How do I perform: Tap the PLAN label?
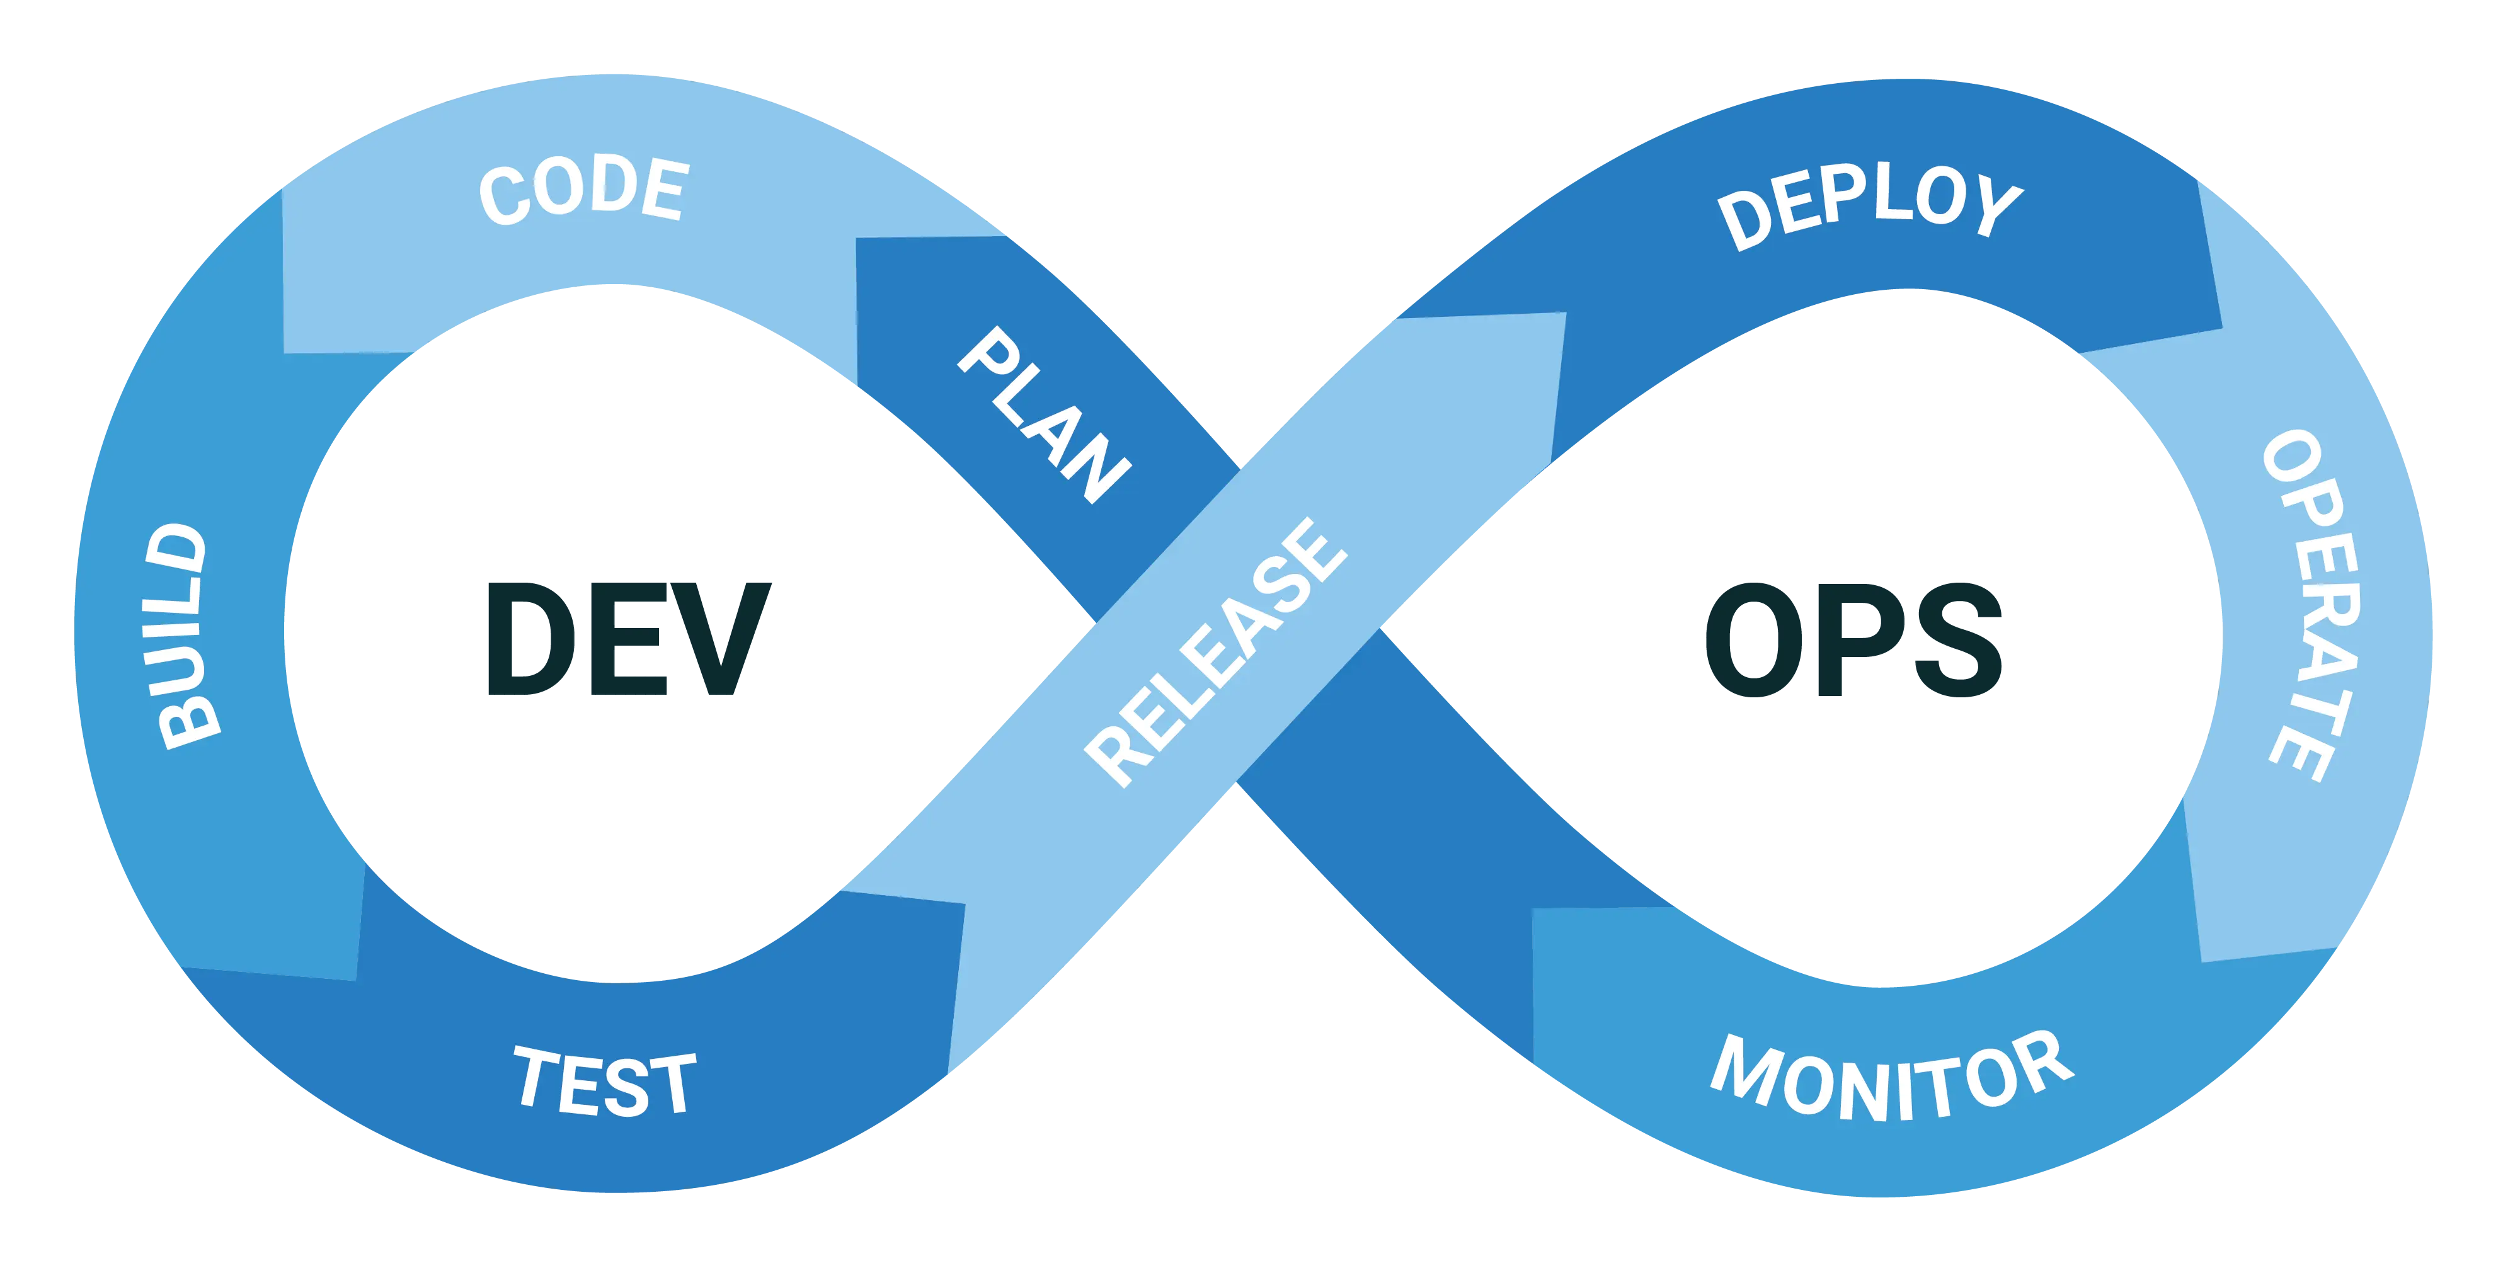(1043, 416)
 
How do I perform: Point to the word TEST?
(605, 1082)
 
